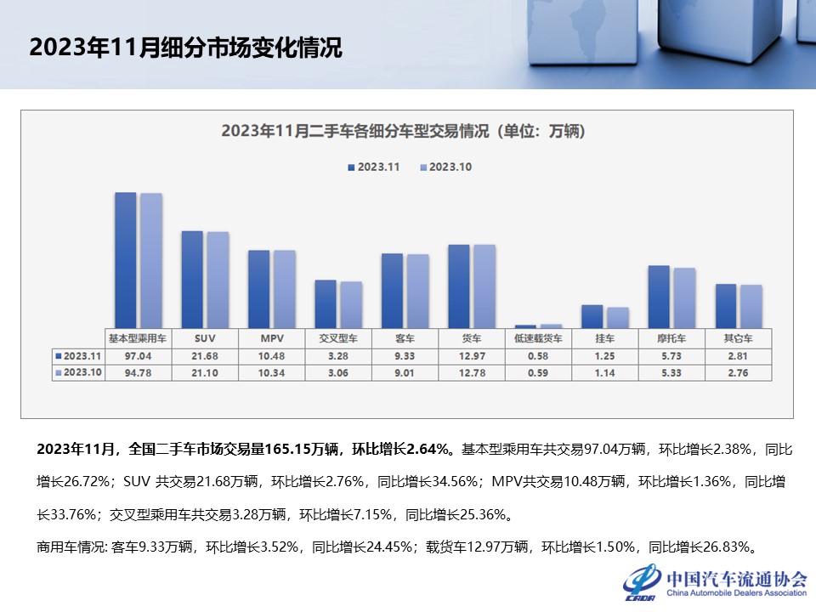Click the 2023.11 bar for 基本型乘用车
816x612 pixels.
125,259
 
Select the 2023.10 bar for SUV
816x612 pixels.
218,280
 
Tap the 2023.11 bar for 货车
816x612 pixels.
458,286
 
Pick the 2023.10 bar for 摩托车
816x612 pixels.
684,297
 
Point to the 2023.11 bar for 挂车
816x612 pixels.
592,316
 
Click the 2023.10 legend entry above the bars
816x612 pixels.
446,167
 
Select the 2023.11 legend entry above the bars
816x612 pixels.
373,167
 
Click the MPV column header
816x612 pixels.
271,337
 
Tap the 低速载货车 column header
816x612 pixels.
538,337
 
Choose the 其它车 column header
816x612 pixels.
739,337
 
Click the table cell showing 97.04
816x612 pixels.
138,355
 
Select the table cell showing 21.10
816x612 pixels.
205,372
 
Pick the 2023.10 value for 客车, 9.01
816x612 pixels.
405,372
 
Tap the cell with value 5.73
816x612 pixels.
671,355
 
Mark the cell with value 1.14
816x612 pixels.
605,372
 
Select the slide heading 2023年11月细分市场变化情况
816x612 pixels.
186,47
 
